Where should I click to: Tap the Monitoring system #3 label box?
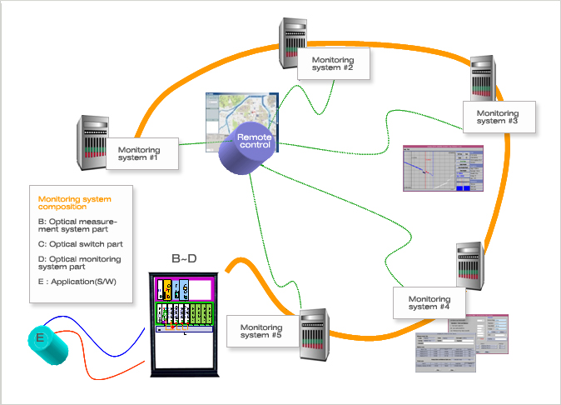coord(497,117)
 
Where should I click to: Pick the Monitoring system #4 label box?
coord(429,302)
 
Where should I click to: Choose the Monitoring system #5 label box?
coord(261,330)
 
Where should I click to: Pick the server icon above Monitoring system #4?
coord(469,266)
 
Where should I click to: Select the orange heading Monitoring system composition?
coord(74,204)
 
